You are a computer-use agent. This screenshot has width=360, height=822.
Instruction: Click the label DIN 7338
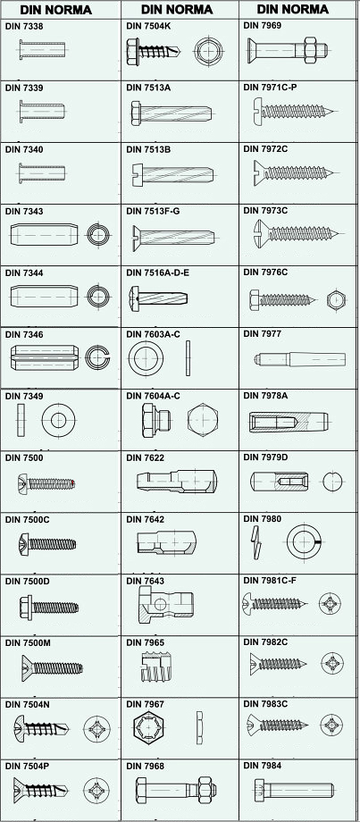pyautogui.click(x=23, y=26)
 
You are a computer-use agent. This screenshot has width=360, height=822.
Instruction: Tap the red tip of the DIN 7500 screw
pyautogui.click(x=74, y=482)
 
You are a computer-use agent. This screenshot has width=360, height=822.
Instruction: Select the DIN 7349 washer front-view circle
pyautogui.click(x=58, y=420)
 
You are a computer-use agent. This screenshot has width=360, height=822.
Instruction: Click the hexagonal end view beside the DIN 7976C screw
pyautogui.click(x=335, y=300)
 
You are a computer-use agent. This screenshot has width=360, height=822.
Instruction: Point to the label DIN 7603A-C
pyautogui.click(x=153, y=334)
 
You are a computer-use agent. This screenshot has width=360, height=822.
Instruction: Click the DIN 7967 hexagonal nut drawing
pyautogui.click(x=149, y=728)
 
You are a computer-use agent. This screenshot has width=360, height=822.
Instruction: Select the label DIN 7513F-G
pyautogui.click(x=153, y=211)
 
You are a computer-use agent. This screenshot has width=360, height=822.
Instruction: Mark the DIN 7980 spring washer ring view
pyautogui.click(x=304, y=541)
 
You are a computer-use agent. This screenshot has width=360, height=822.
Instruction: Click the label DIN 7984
pyautogui.click(x=262, y=766)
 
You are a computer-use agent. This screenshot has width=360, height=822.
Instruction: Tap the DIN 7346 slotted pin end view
pyautogui.click(x=97, y=357)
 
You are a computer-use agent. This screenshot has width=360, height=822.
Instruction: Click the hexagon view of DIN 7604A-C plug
pyautogui.click(x=203, y=420)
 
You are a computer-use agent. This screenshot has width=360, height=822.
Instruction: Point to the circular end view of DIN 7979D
pyautogui.click(x=332, y=482)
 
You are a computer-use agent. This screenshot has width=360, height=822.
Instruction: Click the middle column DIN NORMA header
pyautogui.click(x=177, y=10)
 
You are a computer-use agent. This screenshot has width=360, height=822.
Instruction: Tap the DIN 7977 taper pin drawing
pyautogui.click(x=300, y=359)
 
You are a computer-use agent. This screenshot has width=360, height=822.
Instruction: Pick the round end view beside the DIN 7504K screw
pyautogui.click(x=208, y=52)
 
